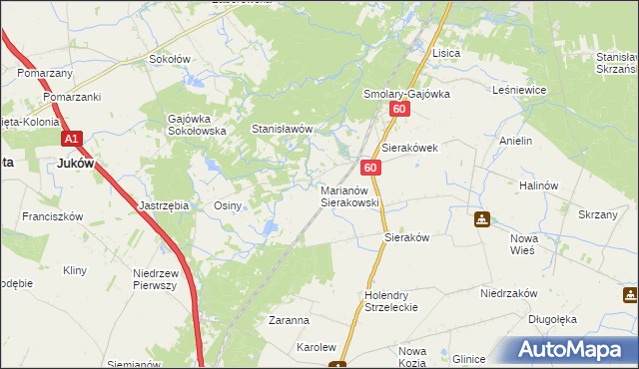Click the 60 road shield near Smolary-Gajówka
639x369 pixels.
[399, 110]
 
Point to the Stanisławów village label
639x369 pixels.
[283, 130]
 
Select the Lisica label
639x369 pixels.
[444, 53]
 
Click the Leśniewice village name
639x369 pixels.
[519, 90]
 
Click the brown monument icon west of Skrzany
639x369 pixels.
[481, 219]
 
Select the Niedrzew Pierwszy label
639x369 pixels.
[154, 278]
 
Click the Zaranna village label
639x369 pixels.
[289, 321]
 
